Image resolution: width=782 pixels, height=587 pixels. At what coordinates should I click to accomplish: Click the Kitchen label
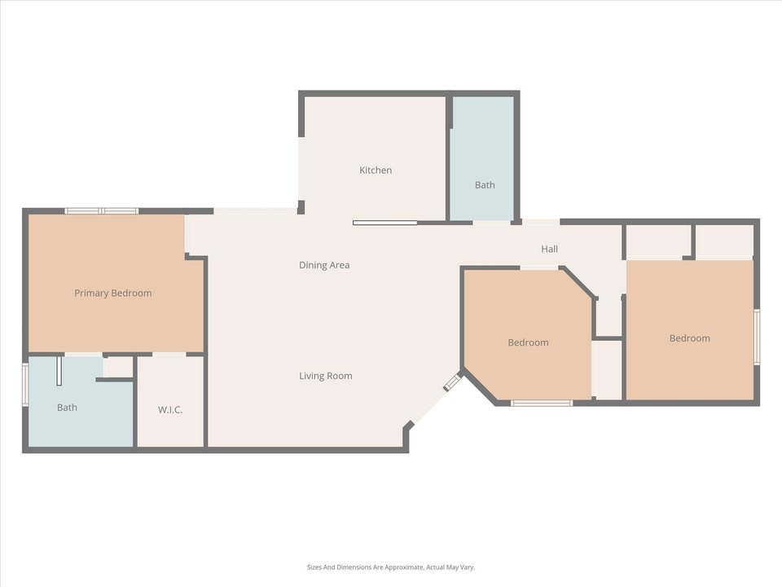(x=376, y=170)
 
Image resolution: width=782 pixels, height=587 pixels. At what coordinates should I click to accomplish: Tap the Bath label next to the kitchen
(x=485, y=185)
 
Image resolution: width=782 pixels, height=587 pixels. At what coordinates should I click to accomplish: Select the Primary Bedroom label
(x=112, y=293)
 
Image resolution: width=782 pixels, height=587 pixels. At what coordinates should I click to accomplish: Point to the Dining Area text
(x=324, y=265)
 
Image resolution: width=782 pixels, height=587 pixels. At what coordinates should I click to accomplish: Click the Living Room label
(x=325, y=376)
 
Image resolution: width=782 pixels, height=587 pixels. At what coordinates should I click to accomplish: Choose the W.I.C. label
(x=170, y=409)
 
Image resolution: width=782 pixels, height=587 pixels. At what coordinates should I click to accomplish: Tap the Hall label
(x=550, y=249)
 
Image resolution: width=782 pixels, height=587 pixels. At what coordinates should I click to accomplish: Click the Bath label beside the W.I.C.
(x=67, y=408)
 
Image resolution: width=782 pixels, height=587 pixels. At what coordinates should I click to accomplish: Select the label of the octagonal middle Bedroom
(x=528, y=342)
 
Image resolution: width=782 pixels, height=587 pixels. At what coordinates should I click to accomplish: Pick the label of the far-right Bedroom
(x=689, y=338)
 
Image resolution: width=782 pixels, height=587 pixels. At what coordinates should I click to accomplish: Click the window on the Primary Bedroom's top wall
(x=102, y=211)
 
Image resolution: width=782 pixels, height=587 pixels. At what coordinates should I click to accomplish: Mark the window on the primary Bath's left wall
(x=25, y=384)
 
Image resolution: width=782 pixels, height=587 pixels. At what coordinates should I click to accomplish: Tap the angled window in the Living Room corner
(x=452, y=382)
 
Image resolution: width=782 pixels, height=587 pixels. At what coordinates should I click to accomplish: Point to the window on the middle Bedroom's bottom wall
(x=542, y=403)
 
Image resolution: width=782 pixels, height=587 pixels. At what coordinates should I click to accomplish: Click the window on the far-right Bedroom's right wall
(x=757, y=337)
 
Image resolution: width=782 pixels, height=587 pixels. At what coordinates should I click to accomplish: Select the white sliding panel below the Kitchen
(x=385, y=223)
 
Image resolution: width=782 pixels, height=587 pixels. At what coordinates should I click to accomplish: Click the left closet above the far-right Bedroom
(x=658, y=241)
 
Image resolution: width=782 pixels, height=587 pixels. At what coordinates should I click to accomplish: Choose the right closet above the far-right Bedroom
(x=724, y=241)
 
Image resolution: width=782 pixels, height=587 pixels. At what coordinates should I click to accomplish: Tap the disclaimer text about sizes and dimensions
(x=390, y=567)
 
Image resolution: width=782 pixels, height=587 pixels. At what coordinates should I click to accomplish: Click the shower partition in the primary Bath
(x=59, y=371)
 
